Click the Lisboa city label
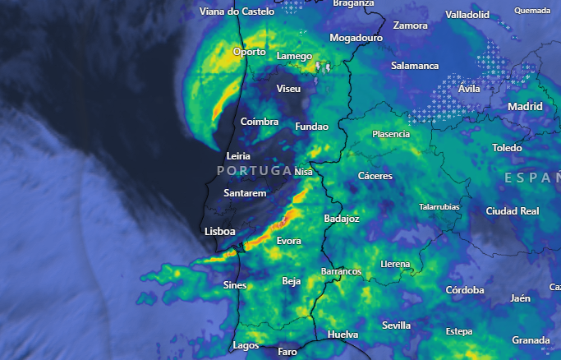220,232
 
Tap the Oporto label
250,51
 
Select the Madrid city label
525,107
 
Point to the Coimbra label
260,122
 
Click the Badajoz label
342,219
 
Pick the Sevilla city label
396,325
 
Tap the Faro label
287,351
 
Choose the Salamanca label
415,66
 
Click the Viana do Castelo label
237,12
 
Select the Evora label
288,241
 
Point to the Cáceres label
375,176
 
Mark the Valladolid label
467,15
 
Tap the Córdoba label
465,290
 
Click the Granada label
530,340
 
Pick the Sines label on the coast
234,284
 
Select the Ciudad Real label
513,211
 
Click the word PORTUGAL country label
255,170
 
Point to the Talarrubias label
439,207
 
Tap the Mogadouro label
356,38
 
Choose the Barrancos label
340,271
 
